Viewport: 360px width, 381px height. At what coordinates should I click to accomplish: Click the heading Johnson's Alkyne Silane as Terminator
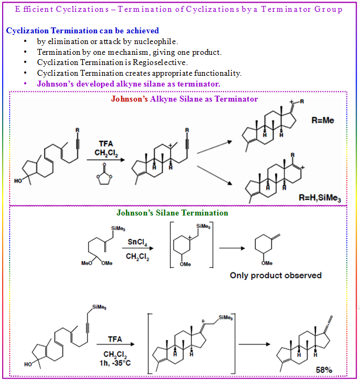point(184,99)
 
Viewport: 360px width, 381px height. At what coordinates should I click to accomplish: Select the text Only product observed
point(276,275)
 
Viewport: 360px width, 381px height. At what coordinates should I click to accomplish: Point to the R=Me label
point(322,120)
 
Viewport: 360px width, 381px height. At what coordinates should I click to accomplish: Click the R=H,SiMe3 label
point(320,197)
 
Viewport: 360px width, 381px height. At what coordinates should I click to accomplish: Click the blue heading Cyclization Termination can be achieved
point(82,31)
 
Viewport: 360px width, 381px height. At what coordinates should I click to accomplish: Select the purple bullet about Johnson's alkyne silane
point(128,84)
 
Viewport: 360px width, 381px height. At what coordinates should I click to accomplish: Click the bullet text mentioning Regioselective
point(111,62)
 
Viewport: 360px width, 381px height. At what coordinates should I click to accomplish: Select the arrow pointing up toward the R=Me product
point(214,147)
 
